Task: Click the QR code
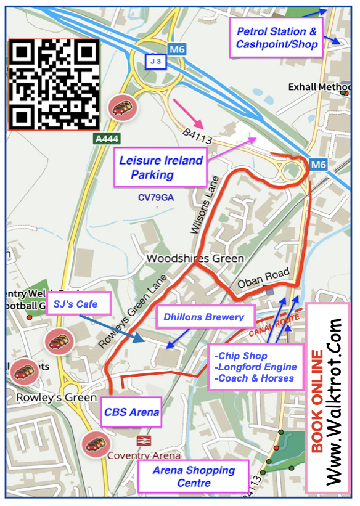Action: pos(54,84)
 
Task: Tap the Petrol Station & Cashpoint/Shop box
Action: pos(277,38)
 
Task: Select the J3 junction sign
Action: pos(156,62)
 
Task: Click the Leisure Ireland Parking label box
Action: pos(160,168)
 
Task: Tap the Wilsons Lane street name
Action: pos(205,211)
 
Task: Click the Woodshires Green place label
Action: pos(195,259)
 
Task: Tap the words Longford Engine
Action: pos(256,367)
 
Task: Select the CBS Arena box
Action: pos(132,412)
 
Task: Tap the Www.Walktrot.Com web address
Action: pos(335,401)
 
